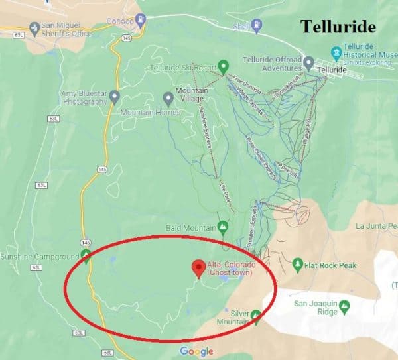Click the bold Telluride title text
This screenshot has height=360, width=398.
point(338,27)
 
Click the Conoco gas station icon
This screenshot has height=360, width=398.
point(140,19)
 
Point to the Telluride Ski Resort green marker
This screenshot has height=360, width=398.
point(224,66)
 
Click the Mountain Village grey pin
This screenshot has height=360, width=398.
point(168,98)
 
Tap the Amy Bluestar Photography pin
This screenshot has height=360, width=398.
point(114,98)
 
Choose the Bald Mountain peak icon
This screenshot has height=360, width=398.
point(223,227)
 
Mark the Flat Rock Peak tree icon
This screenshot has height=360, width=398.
point(298,265)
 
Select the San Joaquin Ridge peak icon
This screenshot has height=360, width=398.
point(344,306)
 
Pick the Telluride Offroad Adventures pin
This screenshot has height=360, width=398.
point(308,64)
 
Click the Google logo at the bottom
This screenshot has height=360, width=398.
point(196,351)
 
